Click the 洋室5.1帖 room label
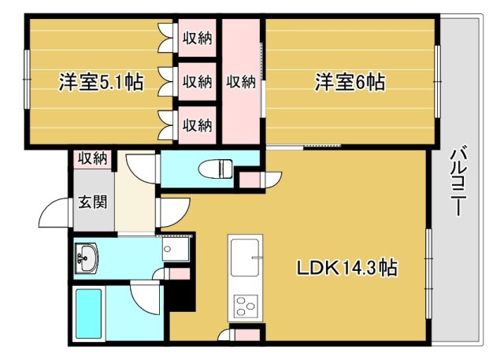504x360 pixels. (100, 82)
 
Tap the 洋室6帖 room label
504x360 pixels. (351, 82)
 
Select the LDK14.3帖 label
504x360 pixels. (346, 268)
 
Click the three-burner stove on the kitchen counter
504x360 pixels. (244, 304)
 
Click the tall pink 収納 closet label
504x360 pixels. (241, 81)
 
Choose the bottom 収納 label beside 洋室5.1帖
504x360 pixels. (197, 124)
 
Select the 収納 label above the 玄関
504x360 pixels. (91, 158)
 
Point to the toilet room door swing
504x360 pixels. (142, 168)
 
